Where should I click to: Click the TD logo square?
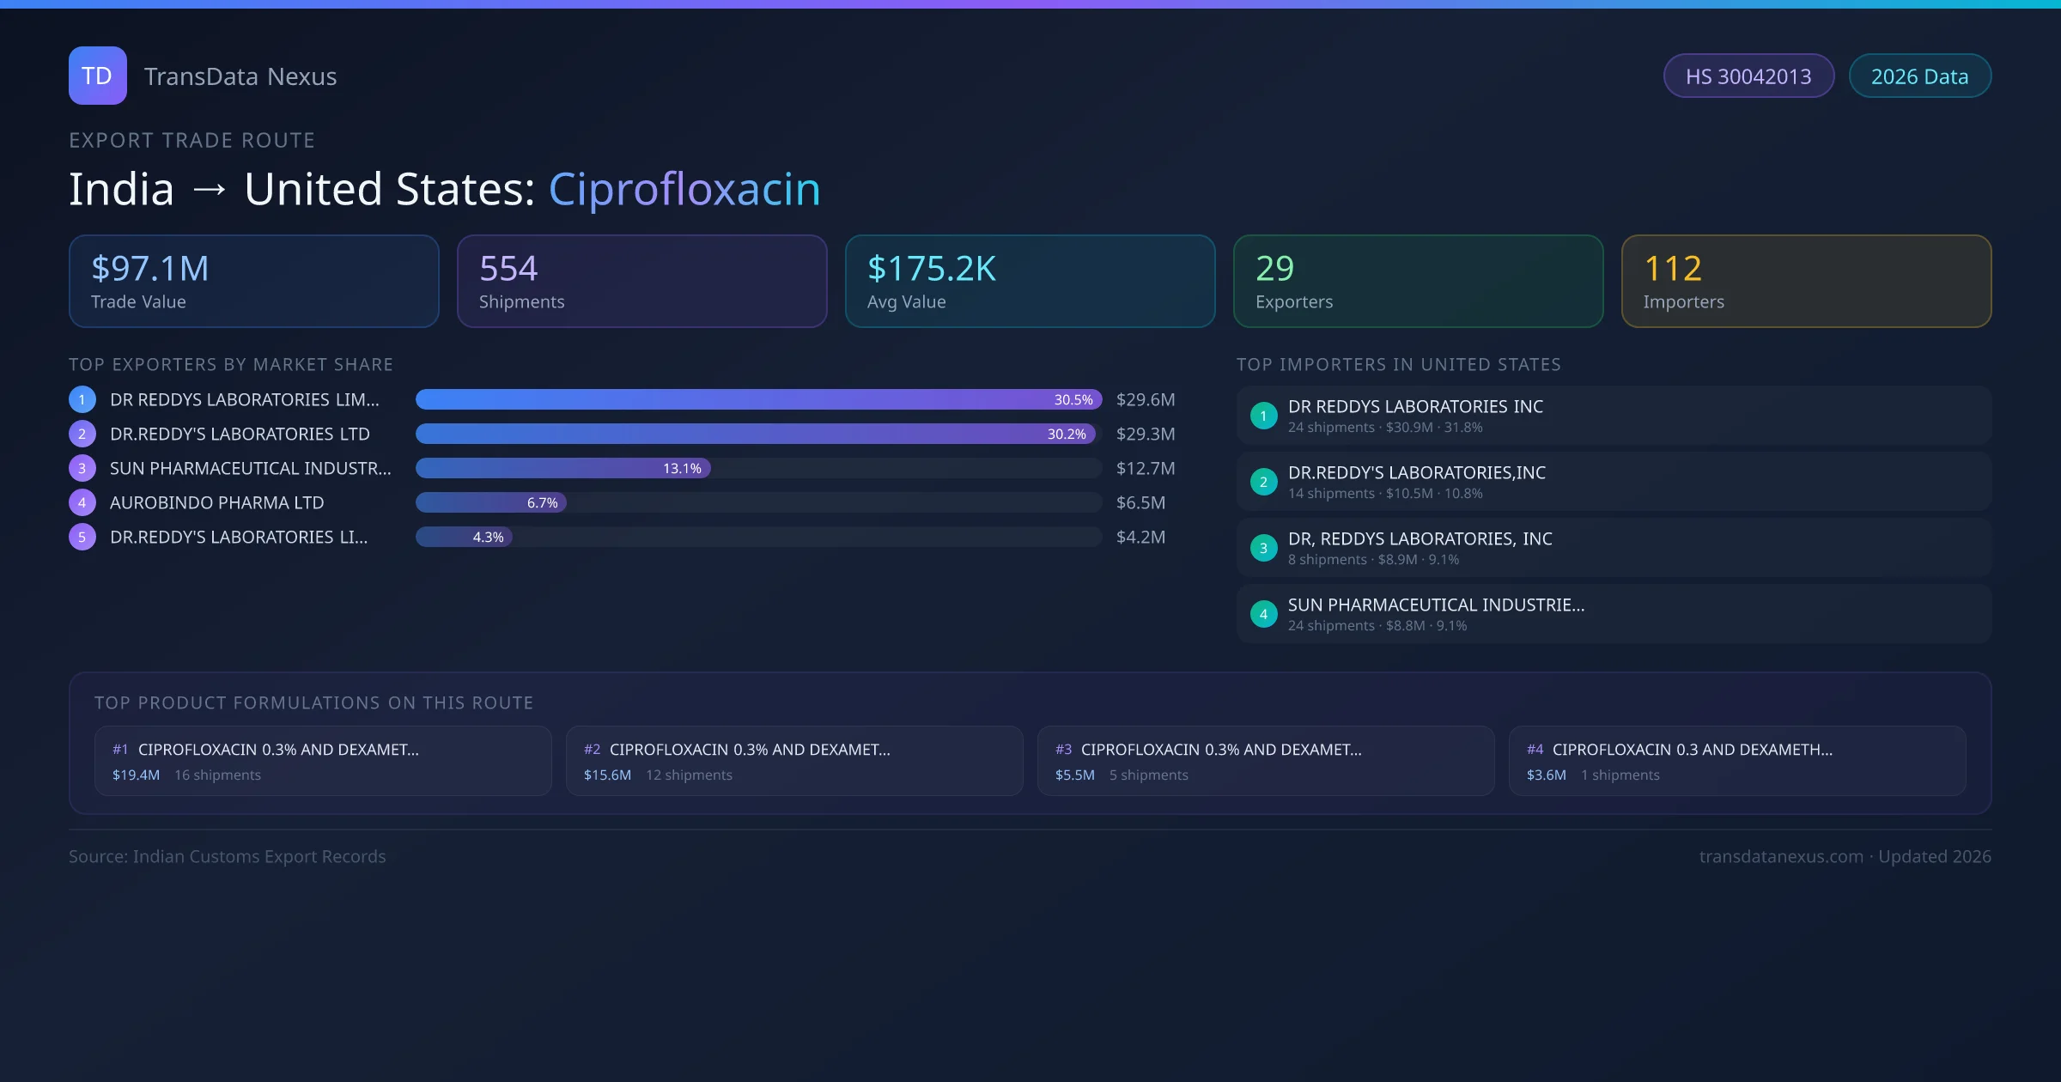97,76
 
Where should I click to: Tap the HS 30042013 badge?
1748,76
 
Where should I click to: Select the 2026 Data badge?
1919,76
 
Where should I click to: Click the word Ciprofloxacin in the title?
684,189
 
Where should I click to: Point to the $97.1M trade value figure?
150,269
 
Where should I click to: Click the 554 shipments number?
508,269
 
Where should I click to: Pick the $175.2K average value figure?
932,269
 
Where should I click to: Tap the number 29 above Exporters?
1274,269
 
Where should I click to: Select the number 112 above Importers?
1672,269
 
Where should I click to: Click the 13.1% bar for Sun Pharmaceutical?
562,468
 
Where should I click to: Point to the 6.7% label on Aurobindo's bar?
542,503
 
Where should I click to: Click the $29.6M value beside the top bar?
1145,399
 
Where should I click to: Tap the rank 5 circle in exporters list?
82,537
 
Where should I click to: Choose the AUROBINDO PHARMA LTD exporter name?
216,502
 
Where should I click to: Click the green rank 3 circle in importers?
1263,548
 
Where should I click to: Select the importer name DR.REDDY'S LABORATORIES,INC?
1416,472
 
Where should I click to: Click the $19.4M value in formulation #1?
136,775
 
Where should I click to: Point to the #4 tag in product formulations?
1535,750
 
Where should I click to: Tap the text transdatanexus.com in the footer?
1780,856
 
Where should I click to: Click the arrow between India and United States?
210,190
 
